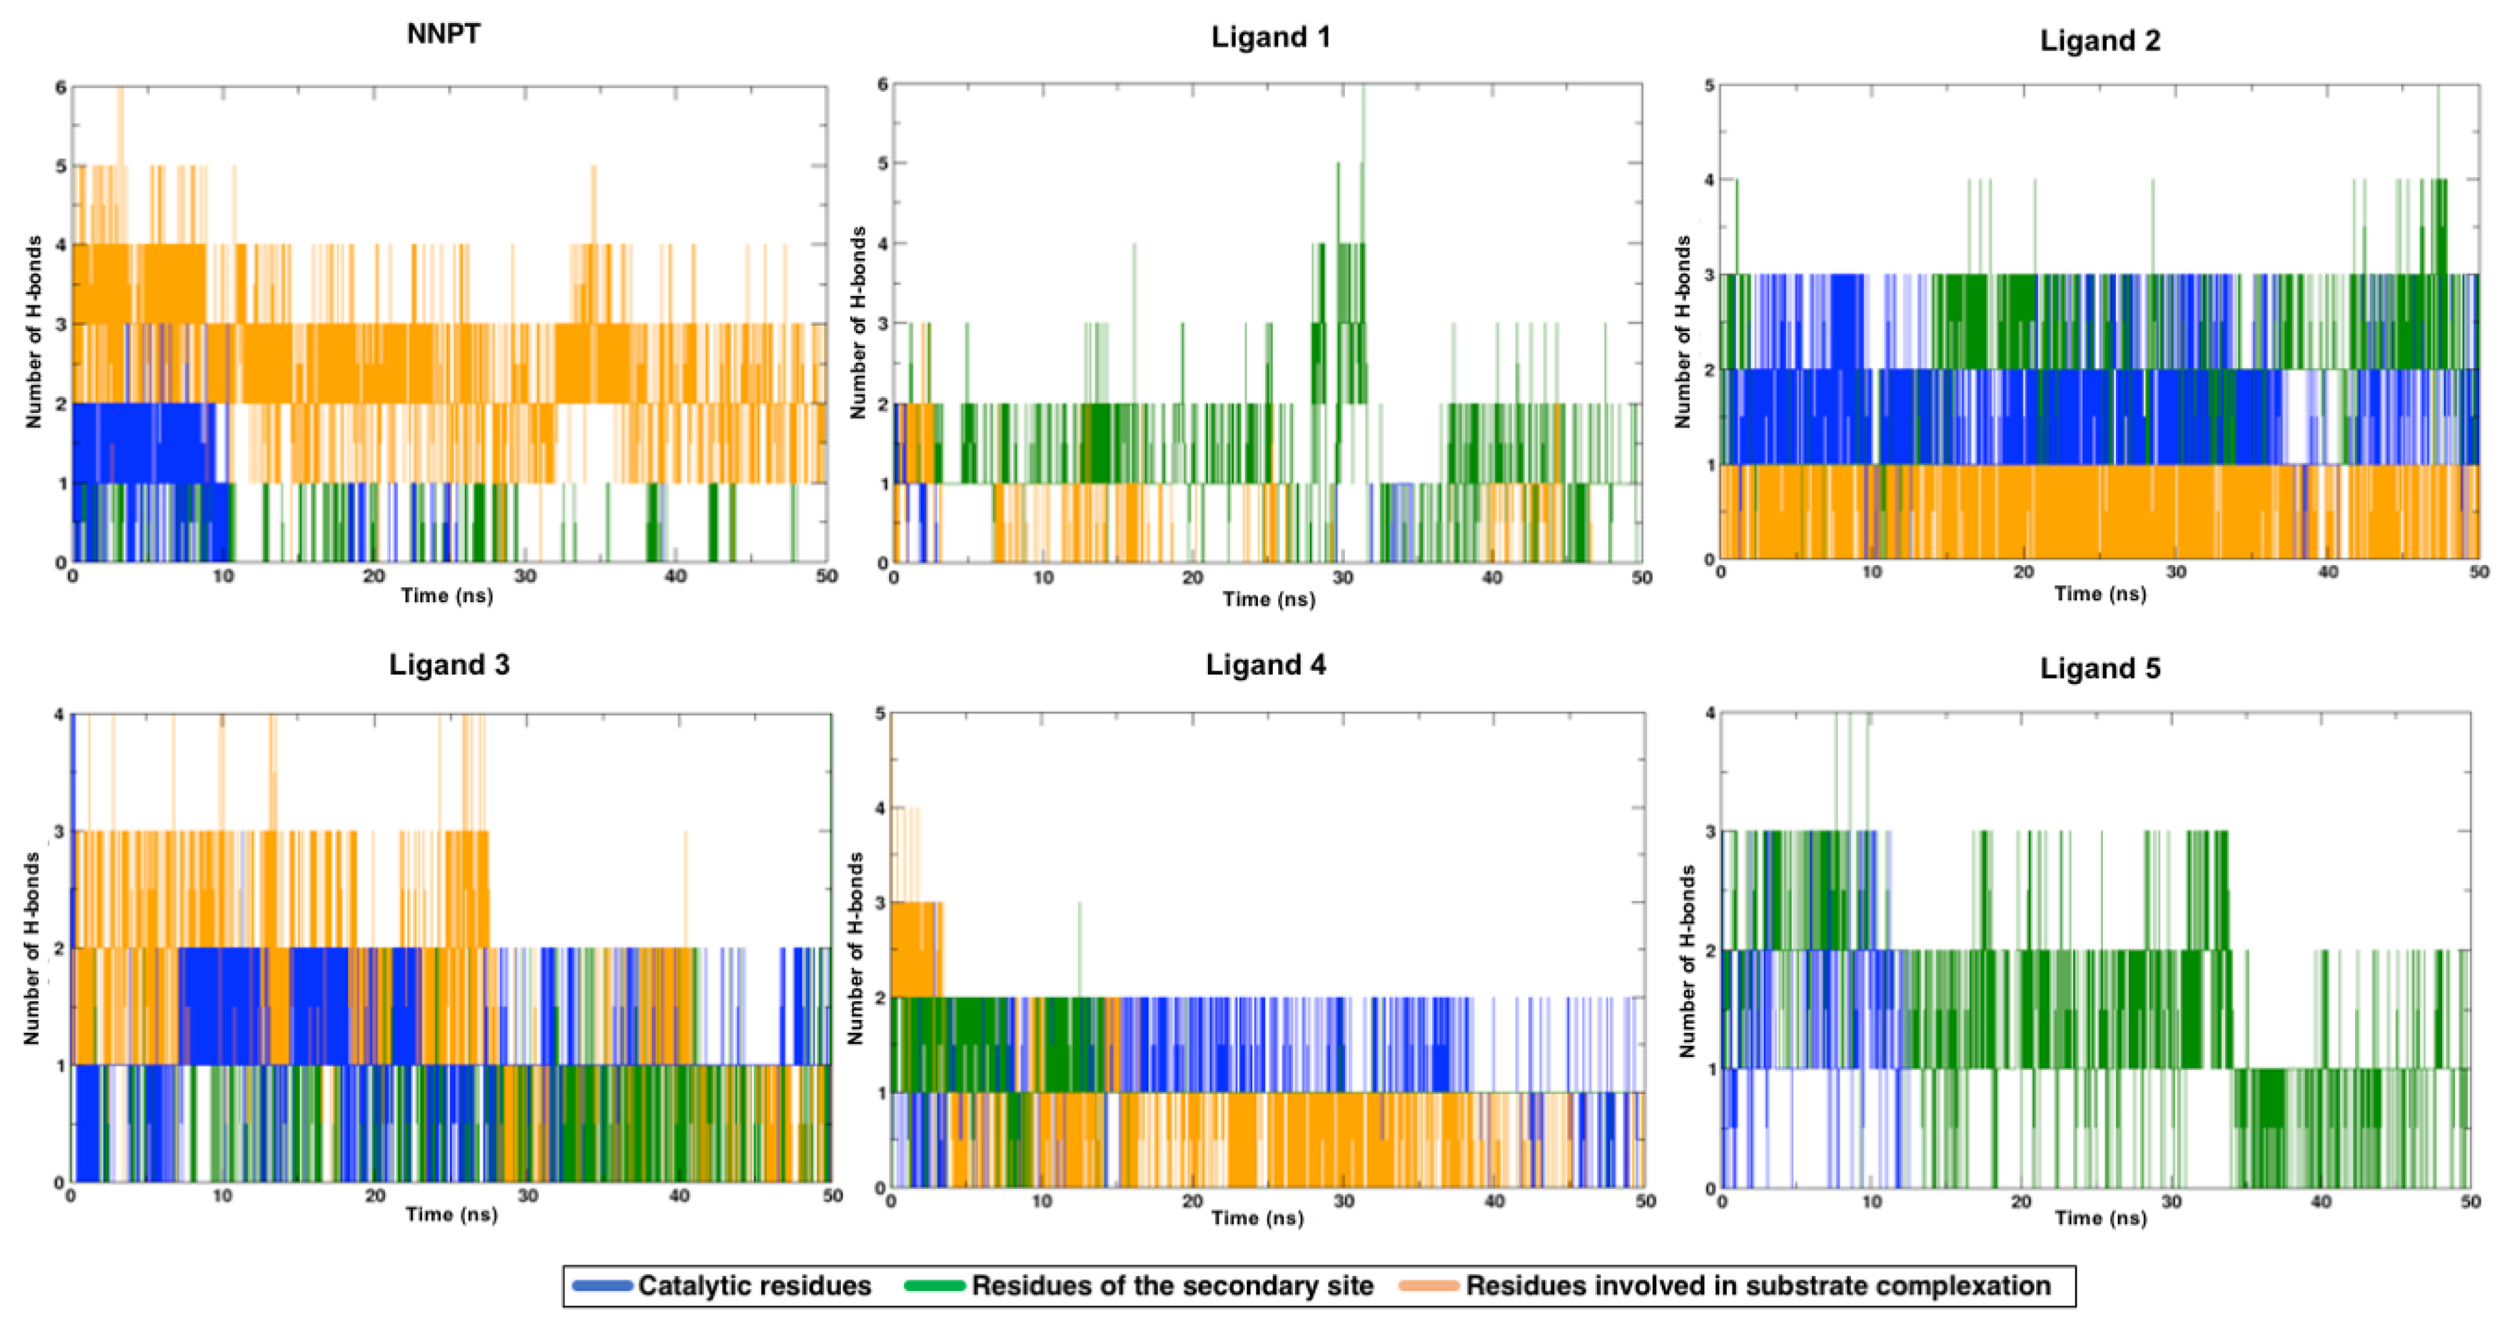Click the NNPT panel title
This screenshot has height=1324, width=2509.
[x=443, y=34]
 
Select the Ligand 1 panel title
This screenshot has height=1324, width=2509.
[x=1270, y=38]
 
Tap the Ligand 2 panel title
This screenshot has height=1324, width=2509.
[x=2100, y=41]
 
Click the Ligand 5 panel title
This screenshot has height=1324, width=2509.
[x=2100, y=669]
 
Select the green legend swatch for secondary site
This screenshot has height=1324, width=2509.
[x=934, y=1286]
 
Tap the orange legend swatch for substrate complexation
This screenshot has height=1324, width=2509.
[x=1428, y=1286]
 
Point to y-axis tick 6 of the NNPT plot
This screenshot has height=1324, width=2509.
[x=60, y=88]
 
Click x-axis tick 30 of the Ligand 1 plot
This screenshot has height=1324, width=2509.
[x=1342, y=579]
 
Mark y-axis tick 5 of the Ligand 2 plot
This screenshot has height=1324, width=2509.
[x=1709, y=86]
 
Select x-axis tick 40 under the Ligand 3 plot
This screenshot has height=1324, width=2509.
[x=679, y=1196]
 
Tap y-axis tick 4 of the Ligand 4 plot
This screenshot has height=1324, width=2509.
[x=880, y=808]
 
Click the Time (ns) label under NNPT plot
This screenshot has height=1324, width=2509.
[x=447, y=596]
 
